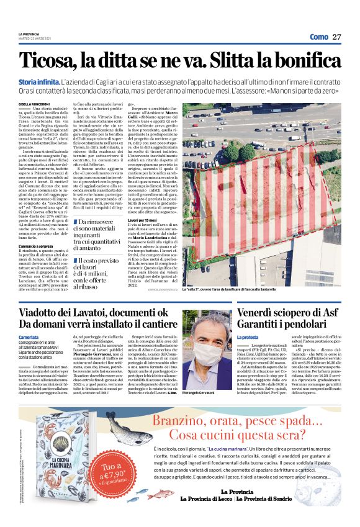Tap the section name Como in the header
pos(318,37)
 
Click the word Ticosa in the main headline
pos(49,60)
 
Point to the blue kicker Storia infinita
pos(39,81)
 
